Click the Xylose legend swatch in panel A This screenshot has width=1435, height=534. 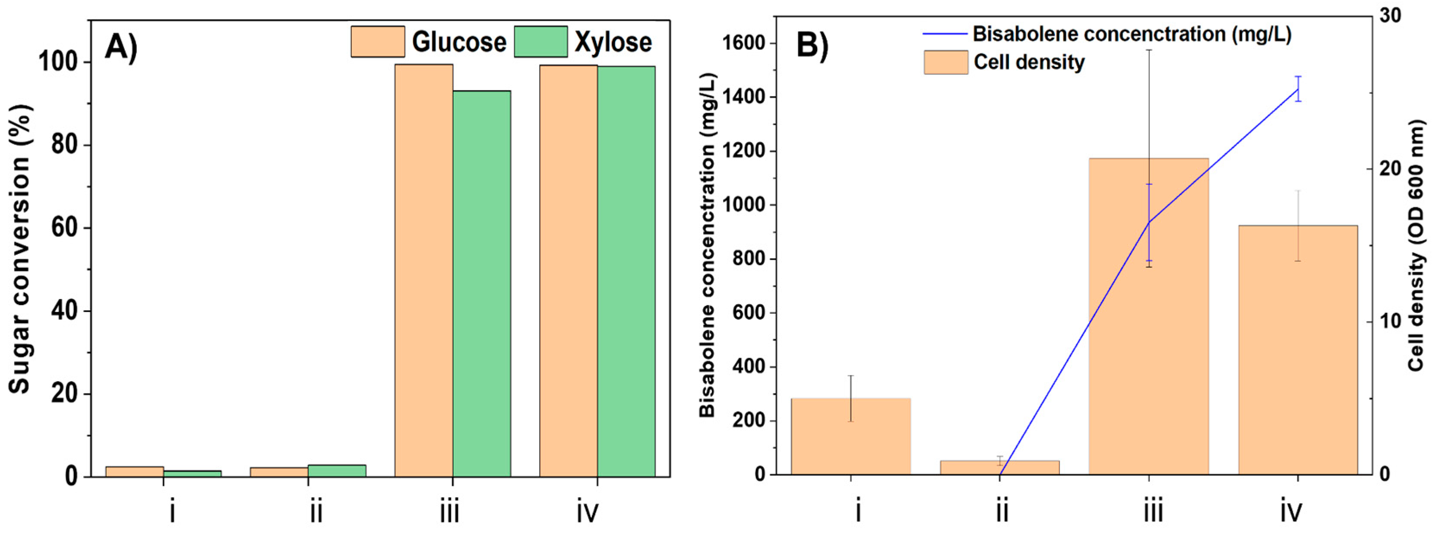(540, 42)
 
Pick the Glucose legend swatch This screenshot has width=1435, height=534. (377, 42)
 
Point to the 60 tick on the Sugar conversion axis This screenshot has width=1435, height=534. (63, 229)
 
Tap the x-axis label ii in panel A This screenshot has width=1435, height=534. (316, 510)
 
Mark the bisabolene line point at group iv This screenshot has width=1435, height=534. (1298, 89)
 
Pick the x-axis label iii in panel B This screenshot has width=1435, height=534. (1153, 510)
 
